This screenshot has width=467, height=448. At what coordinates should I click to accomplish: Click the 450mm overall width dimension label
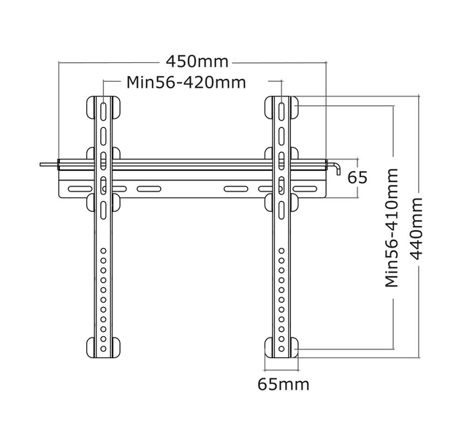(197, 61)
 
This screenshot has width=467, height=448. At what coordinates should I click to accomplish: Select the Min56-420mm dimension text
(186, 81)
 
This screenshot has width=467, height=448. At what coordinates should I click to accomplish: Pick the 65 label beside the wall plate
(357, 178)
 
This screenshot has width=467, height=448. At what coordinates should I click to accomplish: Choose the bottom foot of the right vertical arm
(281, 347)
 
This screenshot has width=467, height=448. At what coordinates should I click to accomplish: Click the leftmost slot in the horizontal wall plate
(75, 189)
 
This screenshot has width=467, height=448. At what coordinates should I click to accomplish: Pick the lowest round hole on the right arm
(281, 349)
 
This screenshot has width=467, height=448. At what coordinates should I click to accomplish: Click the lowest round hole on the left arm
(104, 349)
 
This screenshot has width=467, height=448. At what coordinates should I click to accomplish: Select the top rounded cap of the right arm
(281, 99)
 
